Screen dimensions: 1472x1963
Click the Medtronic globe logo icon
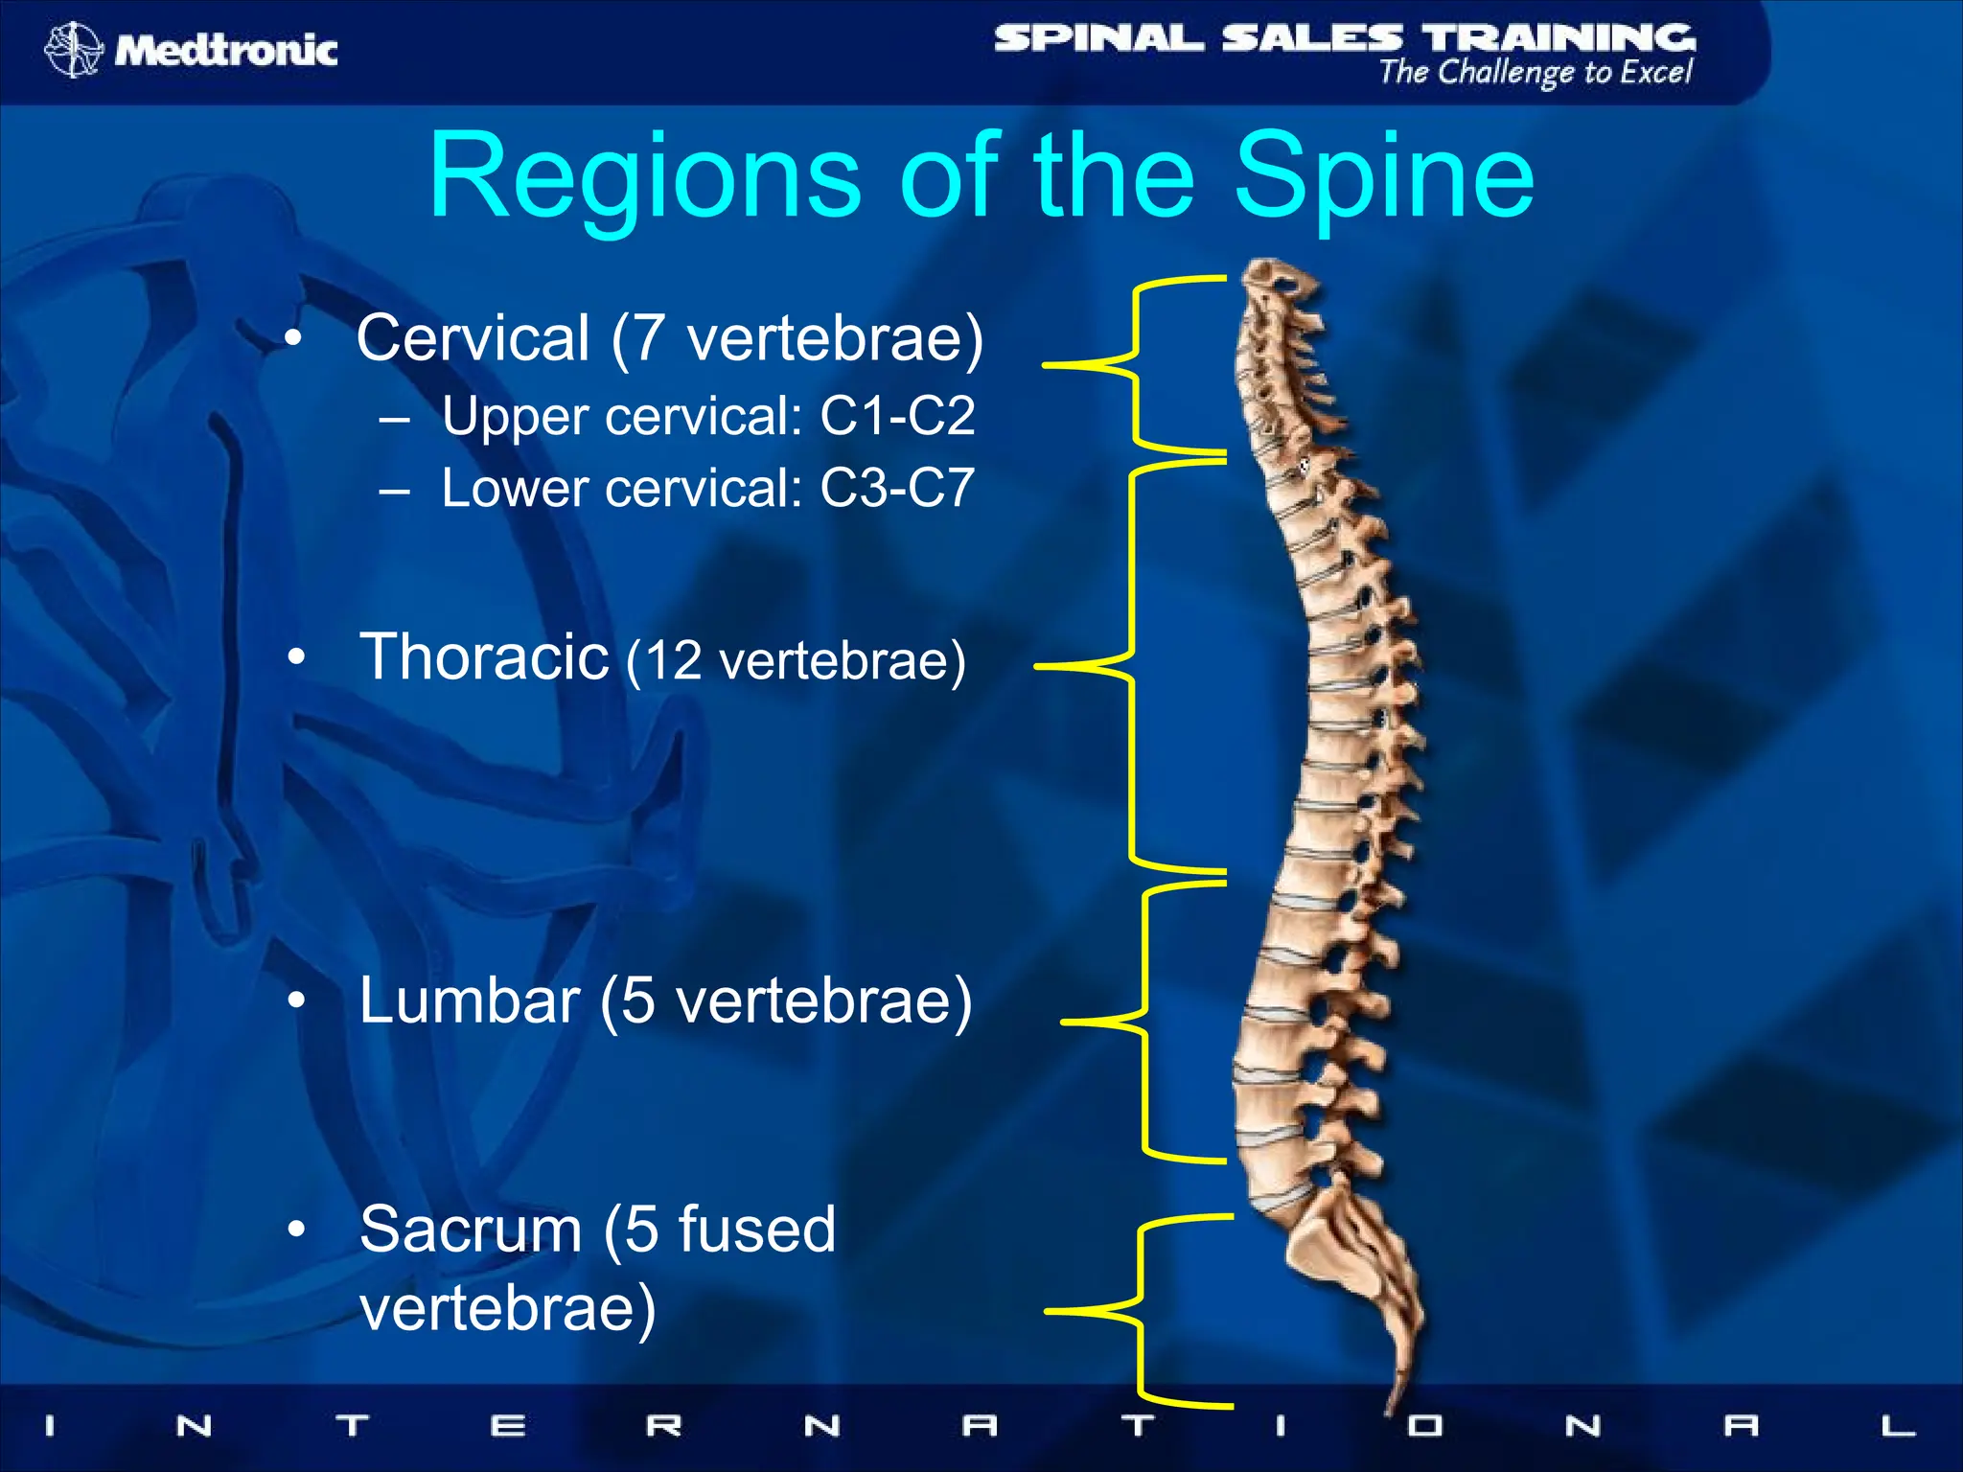pos(73,49)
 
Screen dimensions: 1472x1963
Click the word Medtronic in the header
pos(226,50)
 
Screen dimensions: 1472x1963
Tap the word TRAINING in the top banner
pos(1558,38)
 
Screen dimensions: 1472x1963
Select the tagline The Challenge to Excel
pos(1536,73)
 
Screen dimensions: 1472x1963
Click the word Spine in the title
pos(1384,178)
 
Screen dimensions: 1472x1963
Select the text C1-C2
pos(897,416)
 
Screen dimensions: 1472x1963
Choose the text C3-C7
pos(897,488)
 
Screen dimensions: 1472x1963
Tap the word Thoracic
pos(484,657)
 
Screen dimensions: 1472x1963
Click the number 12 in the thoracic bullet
pos(674,661)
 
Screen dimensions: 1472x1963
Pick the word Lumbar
pos(469,1000)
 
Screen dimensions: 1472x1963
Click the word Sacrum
pos(471,1230)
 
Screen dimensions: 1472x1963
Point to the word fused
pos(756,1230)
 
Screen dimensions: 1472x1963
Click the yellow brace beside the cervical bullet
pos(1135,364)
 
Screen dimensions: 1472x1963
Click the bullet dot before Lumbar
pos(296,1001)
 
